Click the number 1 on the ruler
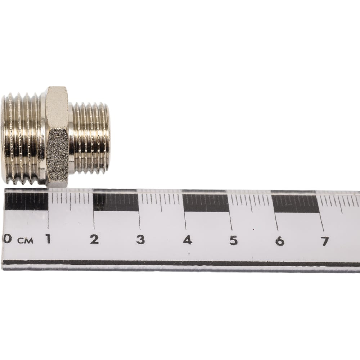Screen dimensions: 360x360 click(48, 239)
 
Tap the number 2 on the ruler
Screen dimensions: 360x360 click(94, 239)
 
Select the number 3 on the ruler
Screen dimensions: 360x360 click(140, 240)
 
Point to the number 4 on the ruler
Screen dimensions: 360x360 click(187, 240)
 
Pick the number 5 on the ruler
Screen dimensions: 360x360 click(233, 240)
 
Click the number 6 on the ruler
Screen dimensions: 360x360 click(280, 241)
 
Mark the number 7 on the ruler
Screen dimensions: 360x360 click(325, 241)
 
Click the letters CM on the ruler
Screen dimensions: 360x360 click(26, 240)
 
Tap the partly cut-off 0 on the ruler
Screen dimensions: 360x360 click(7, 239)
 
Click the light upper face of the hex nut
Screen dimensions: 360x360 click(57, 108)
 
